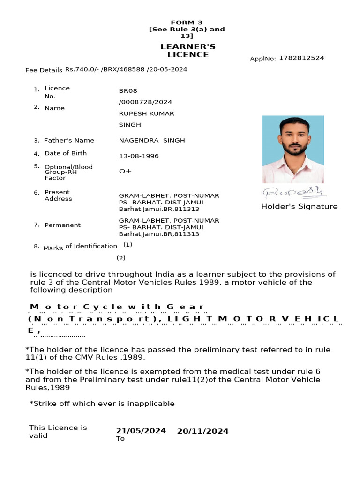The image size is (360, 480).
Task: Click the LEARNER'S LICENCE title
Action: [184, 51]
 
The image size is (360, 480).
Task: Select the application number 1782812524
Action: [301, 58]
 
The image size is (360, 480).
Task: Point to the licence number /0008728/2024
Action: [145, 102]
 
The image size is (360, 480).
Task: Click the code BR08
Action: [128, 90]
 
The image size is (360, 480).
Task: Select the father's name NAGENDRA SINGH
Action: [152, 140]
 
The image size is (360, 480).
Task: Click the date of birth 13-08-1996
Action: [139, 156]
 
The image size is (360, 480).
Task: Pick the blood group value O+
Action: [125, 171]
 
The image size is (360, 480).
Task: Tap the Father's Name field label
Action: [69, 140]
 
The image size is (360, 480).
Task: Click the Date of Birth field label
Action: [66, 153]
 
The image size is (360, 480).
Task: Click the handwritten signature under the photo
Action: [294, 192]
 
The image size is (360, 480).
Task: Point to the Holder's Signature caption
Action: [299, 206]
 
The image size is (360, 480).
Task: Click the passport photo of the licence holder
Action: [293, 150]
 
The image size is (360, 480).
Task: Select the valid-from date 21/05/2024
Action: [141, 431]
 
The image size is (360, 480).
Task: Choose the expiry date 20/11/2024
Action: [202, 431]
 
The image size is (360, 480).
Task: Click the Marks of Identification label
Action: [80, 247]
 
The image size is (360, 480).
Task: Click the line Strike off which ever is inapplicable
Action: [102, 404]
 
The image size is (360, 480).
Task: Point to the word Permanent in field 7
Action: [62, 225]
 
